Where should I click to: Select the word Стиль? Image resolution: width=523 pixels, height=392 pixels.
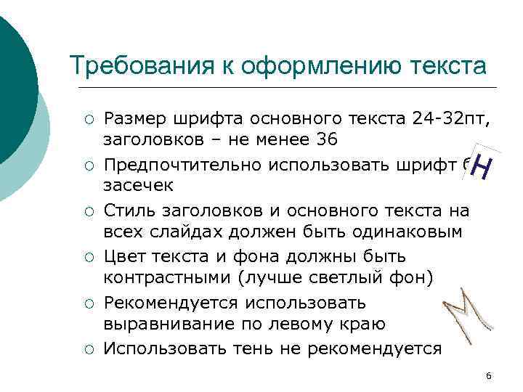(127, 211)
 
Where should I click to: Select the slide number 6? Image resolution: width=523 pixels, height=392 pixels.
(488, 375)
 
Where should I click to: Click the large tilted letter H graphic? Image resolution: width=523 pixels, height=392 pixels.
(483, 167)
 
